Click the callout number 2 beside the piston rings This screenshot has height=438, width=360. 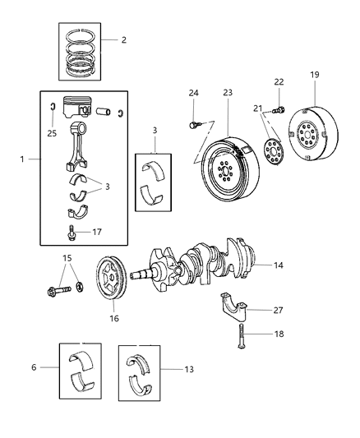123,39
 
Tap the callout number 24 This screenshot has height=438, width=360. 194,93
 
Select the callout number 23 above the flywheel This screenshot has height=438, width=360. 228,93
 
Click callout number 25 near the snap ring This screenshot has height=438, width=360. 53,132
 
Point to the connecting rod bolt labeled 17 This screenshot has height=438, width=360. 73,233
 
